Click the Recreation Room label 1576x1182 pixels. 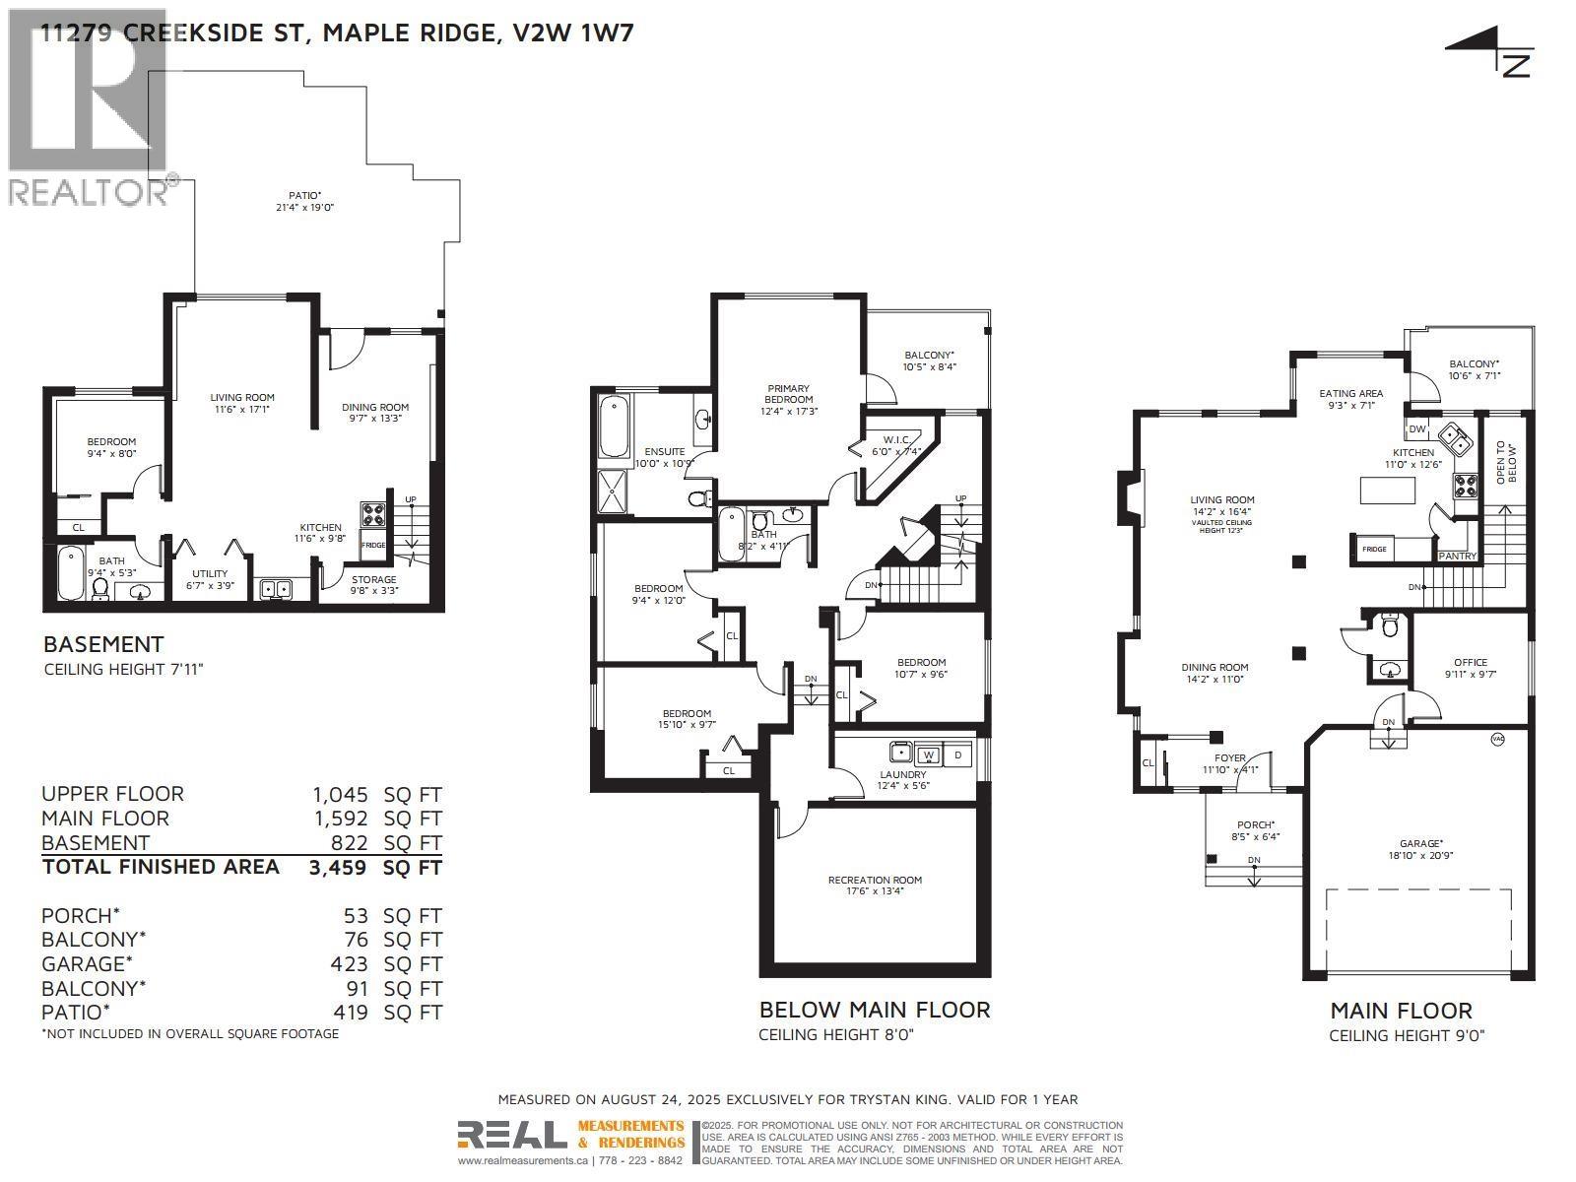[x=875, y=886]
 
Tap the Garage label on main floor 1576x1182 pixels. [x=1419, y=849]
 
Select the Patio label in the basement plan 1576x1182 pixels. [x=305, y=201]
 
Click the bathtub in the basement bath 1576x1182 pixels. [x=71, y=575]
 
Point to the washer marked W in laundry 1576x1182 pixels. [x=927, y=755]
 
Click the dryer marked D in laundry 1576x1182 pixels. [x=957, y=755]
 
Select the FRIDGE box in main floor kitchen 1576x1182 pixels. [x=1374, y=549]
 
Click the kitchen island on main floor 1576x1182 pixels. [x=1385, y=490]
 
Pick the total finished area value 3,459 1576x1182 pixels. [x=339, y=868]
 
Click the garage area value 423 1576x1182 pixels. [x=350, y=964]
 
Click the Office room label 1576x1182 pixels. [x=1470, y=668]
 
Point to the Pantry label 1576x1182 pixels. [x=1457, y=556]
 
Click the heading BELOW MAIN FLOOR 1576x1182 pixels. [x=874, y=1010]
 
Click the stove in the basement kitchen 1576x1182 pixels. [x=373, y=513]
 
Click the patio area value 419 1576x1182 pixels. [x=350, y=1013]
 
